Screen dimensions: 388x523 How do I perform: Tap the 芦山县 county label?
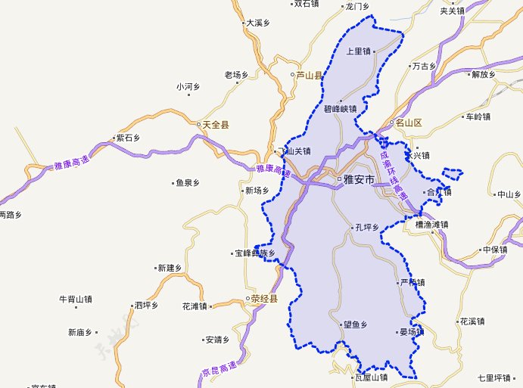tap(309, 75)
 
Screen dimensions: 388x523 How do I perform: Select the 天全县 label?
tap(216, 124)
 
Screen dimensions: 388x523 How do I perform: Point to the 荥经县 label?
tap(265, 299)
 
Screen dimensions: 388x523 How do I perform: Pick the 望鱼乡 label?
tap(354, 324)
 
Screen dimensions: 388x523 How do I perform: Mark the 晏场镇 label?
tap(412, 331)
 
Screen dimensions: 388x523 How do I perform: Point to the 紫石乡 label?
tap(128, 138)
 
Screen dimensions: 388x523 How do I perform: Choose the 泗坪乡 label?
tap(145, 306)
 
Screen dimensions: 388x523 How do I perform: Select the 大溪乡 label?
tap(258, 23)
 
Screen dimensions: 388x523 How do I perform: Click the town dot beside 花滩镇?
tap(213, 306)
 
